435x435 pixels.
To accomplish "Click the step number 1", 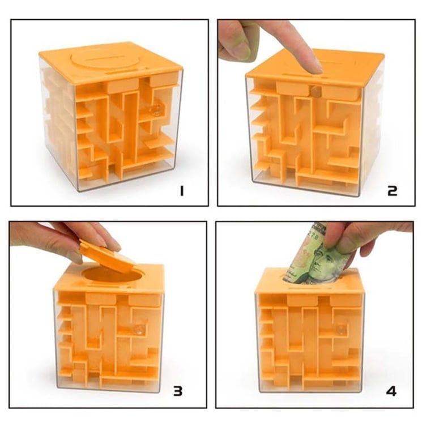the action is pyautogui.click(x=182, y=191).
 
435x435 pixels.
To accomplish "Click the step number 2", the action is pyautogui.click(x=393, y=191).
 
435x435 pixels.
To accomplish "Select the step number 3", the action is pyautogui.click(x=178, y=391).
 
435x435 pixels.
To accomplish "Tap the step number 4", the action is pyautogui.click(x=391, y=391).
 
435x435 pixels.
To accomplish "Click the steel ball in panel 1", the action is pyautogui.click(x=157, y=109).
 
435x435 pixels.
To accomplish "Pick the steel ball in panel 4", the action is pyautogui.click(x=341, y=329).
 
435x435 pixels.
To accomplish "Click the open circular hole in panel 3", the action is pyautogui.click(x=111, y=275).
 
